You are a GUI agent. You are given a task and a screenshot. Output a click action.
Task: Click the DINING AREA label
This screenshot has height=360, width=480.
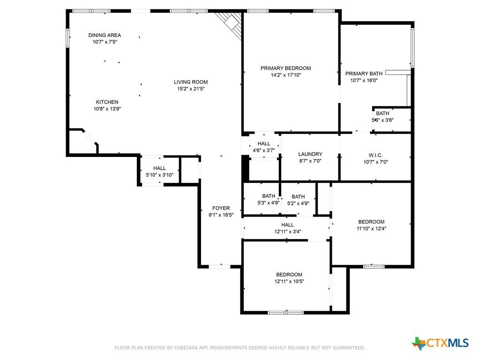(105, 35)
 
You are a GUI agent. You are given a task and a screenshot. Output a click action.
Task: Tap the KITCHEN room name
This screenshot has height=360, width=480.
(107, 102)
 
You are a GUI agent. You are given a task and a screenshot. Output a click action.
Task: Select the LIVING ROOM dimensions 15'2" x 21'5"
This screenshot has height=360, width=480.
(191, 89)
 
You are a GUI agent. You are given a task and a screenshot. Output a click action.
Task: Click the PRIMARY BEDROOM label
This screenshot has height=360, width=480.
(285, 68)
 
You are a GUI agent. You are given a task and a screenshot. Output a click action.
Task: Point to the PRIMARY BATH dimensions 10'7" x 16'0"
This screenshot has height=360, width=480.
(364, 81)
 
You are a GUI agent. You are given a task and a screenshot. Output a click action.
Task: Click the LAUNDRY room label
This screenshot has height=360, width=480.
(310, 154)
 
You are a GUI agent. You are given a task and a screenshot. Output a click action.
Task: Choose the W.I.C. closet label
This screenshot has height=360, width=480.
(375, 155)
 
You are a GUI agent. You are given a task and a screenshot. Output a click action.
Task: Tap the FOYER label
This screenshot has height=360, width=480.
(221, 208)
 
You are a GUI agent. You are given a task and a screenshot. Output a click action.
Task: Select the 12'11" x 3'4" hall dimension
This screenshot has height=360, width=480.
(288, 232)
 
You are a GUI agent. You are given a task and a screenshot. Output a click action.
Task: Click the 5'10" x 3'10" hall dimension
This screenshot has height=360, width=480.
(159, 175)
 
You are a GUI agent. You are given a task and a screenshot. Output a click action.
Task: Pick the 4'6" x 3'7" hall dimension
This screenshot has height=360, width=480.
(263, 150)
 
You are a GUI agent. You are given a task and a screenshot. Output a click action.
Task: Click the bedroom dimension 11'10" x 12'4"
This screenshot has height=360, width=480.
(371, 229)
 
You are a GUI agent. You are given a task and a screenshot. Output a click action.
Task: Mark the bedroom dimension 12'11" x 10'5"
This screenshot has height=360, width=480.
(289, 282)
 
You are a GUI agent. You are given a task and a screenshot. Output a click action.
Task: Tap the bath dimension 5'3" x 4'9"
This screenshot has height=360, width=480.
(269, 202)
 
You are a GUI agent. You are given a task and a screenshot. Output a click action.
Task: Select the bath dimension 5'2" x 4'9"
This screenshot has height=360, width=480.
(298, 203)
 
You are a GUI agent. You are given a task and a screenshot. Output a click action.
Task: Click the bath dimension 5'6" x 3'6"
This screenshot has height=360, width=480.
(382, 120)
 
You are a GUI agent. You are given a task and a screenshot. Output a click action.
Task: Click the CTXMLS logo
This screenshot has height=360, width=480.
(441, 343)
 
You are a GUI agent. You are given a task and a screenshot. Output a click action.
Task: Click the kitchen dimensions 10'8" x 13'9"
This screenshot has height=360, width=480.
(107, 109)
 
